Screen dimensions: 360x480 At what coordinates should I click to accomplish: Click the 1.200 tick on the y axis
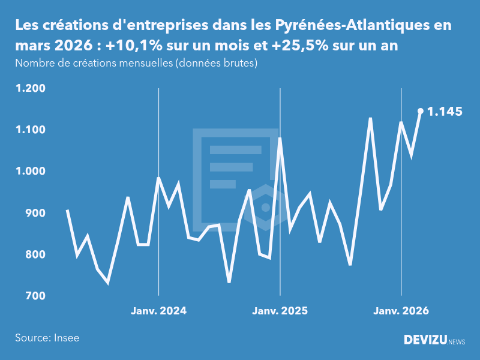(30, 88)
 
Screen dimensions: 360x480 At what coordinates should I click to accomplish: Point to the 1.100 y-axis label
(30, 130)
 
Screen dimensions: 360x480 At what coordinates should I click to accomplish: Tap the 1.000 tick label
(30, 171)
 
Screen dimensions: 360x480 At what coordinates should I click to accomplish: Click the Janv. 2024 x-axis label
(158, 311)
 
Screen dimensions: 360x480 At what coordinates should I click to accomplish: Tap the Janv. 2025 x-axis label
(280, 311)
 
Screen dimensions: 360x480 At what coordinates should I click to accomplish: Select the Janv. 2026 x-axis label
(401, 311)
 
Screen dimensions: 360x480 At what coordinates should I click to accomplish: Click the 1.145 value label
(445, 112)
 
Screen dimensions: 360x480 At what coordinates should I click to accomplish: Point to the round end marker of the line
(421, 111)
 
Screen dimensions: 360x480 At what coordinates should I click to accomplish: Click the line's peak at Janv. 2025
(280, 139)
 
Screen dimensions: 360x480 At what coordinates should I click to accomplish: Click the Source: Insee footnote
(47, 338)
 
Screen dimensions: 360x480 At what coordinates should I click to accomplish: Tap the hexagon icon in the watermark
(265, 207)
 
